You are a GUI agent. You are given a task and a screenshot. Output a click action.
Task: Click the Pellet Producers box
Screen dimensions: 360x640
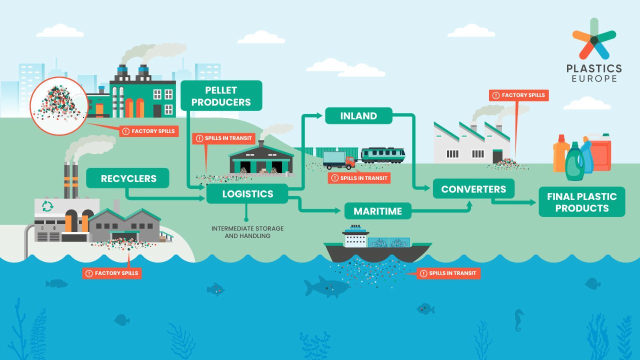pyautogui.click(x=221, y=96)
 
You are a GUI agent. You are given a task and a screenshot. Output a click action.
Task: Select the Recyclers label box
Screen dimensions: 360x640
pyautogui.click(x=128, y=178)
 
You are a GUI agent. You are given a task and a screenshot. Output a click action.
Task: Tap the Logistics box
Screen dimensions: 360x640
pyautogui.click(x=247, y=193)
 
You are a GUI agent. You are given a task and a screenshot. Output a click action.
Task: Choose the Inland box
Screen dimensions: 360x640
pyautogui.click(x=358, y=116)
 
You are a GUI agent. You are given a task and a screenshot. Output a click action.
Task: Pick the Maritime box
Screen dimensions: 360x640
pyautogui.click(x=377, y=211)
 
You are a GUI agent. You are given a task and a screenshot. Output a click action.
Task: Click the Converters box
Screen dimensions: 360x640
pyautogui.click(x=473, y=189)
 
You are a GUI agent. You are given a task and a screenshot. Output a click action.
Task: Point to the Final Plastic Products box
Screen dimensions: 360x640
pyautogui.click(x=581, y=202)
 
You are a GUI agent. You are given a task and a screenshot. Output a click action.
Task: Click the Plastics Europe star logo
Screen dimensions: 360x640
pyautogui.click(x=594, y=38)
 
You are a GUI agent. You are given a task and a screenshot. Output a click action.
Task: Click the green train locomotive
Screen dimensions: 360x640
pyautogui.click(x=382, y=155)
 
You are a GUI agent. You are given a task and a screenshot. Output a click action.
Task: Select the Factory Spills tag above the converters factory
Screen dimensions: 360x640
pyautogui.click(x=519, y=95)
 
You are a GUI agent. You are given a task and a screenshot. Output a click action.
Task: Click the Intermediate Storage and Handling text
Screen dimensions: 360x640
pyautogui.click(x=247, y=232)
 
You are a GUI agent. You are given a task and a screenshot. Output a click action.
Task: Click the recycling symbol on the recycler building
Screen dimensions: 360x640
pyautogui.click(x=47, y=206)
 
